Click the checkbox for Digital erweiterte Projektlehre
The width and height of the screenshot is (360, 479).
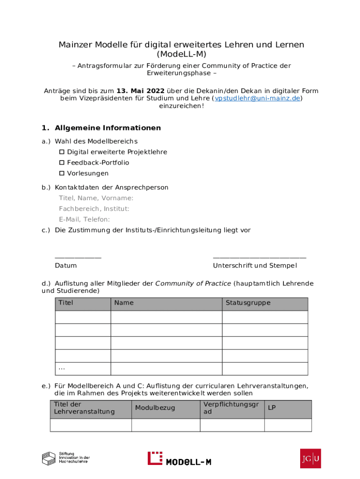[x=62, y=152]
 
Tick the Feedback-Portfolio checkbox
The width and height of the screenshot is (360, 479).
[x=62, y=163]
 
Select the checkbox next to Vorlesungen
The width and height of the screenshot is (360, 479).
[x=62, y=174]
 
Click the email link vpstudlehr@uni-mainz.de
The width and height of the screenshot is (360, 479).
[x=257, y=98]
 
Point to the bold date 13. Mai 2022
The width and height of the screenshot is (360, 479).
[x=140, y=91]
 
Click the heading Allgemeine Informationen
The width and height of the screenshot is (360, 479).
[x=108, y=128]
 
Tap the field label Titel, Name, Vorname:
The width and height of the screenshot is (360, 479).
[x=96, y=198]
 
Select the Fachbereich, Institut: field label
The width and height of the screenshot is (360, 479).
[x=94, y=209]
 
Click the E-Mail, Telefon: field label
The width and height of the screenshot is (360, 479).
[x=84, y=219]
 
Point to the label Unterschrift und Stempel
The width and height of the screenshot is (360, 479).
[x=255, y=266]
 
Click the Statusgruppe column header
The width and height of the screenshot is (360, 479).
[x=248, y=303]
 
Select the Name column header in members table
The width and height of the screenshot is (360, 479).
[x=124, y=303]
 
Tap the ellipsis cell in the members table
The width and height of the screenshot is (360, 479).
[x=62, y=369]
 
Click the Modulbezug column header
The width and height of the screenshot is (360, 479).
[x=155, y=408]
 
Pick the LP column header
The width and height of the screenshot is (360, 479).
[x=272, y=408]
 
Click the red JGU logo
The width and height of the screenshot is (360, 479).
[x=310, y=458]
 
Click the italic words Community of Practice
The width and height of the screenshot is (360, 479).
[x=193, y=283]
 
